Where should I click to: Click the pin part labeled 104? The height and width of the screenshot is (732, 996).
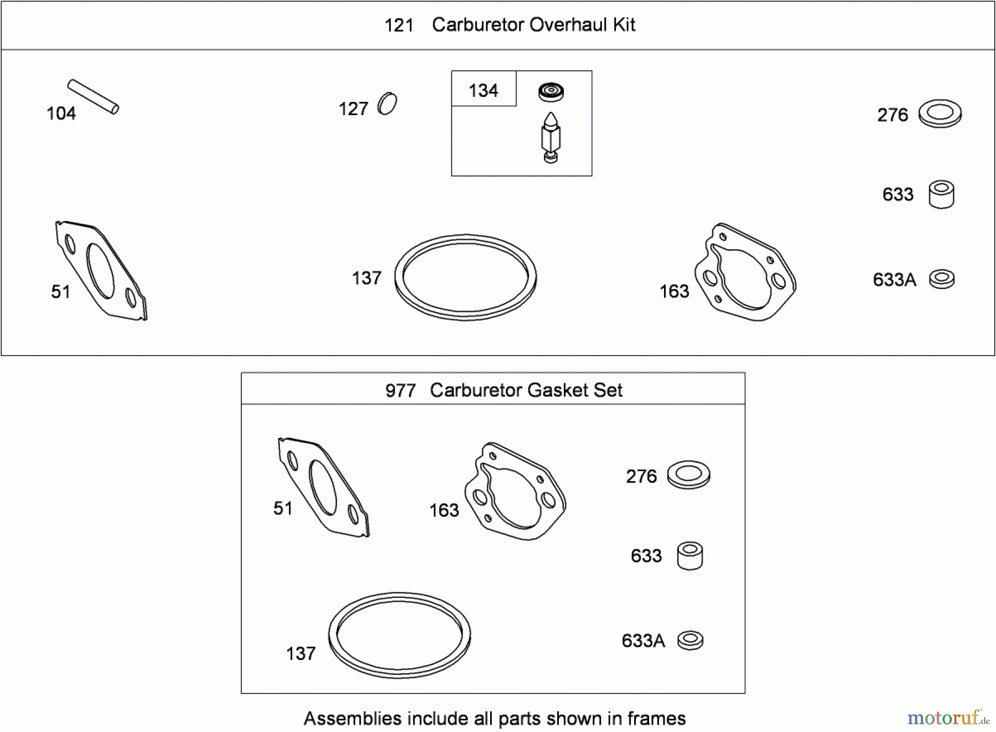click(93, 97)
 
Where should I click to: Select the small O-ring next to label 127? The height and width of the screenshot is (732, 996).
click(387, 104)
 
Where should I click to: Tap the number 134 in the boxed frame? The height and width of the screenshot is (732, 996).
click(483, 90)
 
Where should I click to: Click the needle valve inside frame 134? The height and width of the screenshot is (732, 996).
click(551, 137)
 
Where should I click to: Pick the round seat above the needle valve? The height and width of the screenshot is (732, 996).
click(551, 92)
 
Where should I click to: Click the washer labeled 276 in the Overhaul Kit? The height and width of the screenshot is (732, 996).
click(940, 114)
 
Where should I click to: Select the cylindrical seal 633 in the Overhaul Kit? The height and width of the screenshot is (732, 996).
click(941, 194)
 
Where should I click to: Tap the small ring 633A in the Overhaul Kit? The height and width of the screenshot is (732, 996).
click(942, 279)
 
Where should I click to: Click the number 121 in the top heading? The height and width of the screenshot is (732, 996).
click(399, 25)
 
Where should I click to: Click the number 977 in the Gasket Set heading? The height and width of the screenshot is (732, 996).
click(401, 391)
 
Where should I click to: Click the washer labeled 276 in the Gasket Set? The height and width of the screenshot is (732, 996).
click(689, 475)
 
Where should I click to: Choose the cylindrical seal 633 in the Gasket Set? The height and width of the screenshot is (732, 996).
click(690, 556)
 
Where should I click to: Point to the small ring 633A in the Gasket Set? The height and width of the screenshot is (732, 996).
click(691, 641)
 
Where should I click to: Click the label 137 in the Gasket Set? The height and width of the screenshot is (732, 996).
click(301, 653)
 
